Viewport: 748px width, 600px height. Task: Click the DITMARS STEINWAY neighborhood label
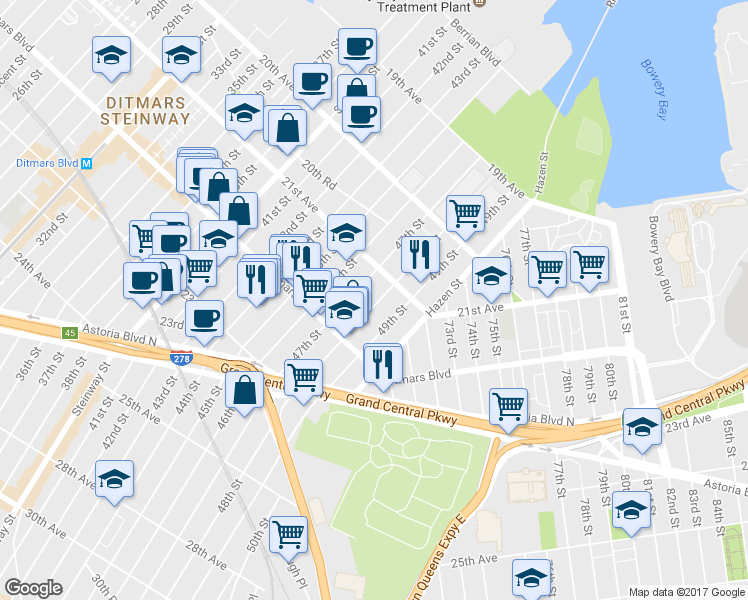pyautogui.click(x=146, y=110)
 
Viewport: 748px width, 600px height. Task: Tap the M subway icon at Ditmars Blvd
pyautogui.click(x=86, y=163)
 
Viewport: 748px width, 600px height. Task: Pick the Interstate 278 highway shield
pyautogui.click(x=181, y=357)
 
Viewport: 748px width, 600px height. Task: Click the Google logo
pyautogui.click(x=33, y=587)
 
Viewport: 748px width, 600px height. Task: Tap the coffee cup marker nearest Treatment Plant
pyautogui.click(x=357, y=44)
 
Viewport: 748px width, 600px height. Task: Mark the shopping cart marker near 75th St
pyautogui.click(x=509, y=404)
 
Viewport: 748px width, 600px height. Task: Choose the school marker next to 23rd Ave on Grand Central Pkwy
pyautogui.click(x=641, y=426)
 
